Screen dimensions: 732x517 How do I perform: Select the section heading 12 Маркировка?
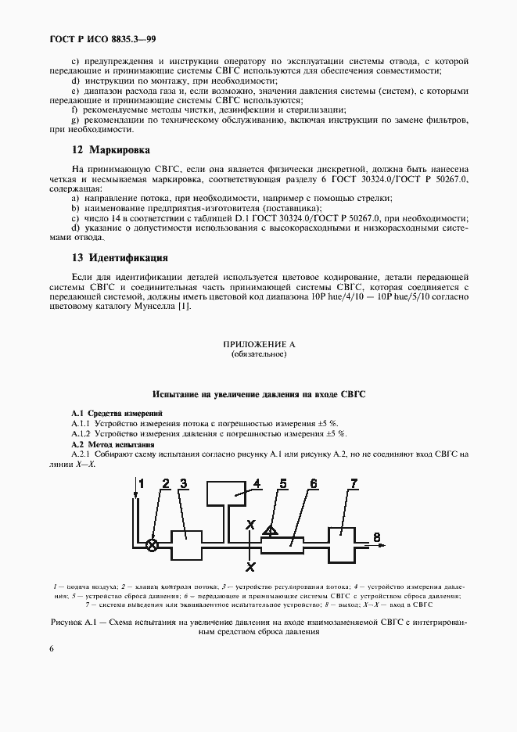tap(99, 149)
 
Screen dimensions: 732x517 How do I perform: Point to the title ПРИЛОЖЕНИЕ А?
tap(259, 344)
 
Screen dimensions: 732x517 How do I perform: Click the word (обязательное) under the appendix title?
tap(259, 354)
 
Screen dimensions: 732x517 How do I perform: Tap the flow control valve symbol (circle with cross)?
tap(153, 545)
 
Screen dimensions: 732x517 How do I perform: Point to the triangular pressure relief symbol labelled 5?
tap(271, 531)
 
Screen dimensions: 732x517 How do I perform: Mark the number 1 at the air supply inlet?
tap(142, 484)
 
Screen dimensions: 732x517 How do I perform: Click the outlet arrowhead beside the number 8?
tap(382, 545)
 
